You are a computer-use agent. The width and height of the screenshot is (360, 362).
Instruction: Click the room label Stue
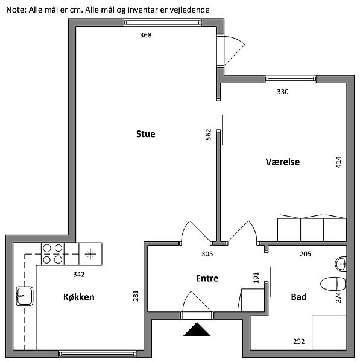click(x=145, y=134)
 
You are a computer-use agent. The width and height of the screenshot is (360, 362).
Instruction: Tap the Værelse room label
click(x=282, y=162)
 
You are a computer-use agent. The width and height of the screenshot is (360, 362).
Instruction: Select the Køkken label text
click(x=79, y=297)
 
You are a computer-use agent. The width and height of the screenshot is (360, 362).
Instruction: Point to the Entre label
click(x=207, y=278)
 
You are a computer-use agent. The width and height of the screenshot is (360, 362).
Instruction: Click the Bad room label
click(x=299, y=297)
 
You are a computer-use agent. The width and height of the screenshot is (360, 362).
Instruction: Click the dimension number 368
click(x=145, y=35)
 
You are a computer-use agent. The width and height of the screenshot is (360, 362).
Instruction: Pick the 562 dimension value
click(x=208, y=135)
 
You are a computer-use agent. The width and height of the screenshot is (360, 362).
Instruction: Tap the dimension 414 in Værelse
click(x=338, y=162)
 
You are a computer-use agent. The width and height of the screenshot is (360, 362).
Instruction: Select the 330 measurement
click(x=282, y=92)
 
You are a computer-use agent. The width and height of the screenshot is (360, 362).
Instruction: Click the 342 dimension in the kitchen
click(x=79, y=275)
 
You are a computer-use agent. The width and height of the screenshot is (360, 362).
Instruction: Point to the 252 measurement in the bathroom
click(x=299, y=341)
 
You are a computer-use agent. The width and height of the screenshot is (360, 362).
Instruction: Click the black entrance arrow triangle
click(x=197, y=329)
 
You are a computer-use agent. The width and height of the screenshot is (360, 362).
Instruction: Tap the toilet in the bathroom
click(x=333, y=284)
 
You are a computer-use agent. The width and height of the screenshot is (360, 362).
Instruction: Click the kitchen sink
click(x=25, y=296)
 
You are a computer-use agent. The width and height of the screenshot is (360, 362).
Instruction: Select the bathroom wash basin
click(x=341, y=264)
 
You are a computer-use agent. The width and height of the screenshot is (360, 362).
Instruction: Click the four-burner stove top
click(x=52, y=254)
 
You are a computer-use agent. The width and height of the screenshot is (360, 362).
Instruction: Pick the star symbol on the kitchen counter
click(x=90, y=254)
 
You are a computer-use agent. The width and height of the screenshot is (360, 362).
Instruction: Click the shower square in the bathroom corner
click(x=329, y=332)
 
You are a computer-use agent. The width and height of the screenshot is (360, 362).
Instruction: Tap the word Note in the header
click(x=15, y=10)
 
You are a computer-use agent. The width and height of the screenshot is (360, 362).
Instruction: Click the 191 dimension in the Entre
click(x=256, y=278)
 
